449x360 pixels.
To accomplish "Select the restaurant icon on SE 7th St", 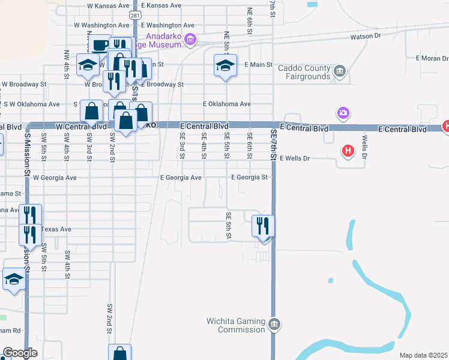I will [x=263, y=227].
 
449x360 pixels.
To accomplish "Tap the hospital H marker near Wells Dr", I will [x=348, y=151].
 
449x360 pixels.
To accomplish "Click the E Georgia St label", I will [x=249, y=178].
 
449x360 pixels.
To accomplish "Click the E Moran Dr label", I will [x=432, y=59].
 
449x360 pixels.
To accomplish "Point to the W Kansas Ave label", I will [x=108, y=5].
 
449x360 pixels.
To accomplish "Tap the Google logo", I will [x=20, y=353].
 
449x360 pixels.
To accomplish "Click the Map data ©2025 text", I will [x=423, y=355].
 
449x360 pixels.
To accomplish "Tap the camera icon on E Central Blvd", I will [x=343, y=113].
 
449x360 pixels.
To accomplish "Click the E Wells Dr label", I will [x=294, y=158].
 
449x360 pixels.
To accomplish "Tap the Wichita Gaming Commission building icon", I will [x=274, y=325].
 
